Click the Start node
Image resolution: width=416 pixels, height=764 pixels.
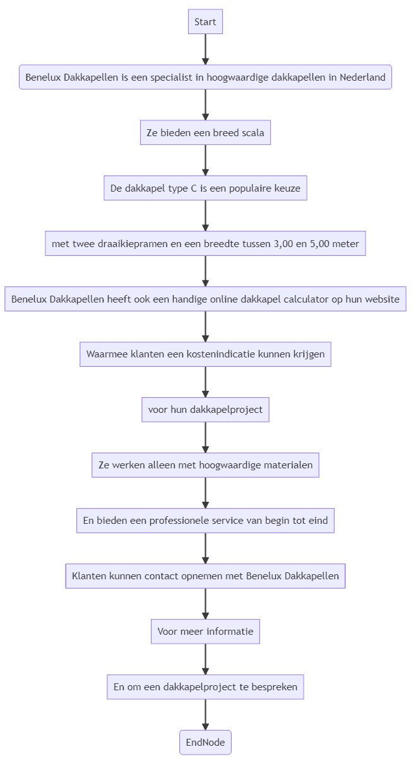click(x=205, y=22)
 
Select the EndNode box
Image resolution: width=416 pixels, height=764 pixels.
click(x=205, y=743)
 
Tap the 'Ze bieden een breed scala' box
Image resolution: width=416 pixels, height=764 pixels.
click(x=205, y=133)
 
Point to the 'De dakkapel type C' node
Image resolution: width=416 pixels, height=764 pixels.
click(x=205, y=188)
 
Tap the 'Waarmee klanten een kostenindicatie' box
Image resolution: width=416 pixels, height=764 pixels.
click(x=205, y=354)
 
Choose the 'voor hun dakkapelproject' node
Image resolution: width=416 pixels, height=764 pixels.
click(x=205, y=410)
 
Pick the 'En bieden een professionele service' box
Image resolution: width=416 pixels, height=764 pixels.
click(x=205, y=521)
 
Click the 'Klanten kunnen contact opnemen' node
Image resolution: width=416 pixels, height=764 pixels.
click(x=205, y=576)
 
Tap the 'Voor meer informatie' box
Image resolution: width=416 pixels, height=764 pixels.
click(x=205, y=632)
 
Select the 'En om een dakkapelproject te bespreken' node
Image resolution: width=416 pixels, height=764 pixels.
click(x=205, y=687)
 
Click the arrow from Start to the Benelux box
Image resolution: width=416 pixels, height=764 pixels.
click(x=205, y=49)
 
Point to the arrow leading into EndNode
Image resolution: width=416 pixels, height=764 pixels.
click(x=205, y=715)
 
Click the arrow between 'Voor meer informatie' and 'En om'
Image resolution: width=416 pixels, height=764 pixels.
click(x=205, y=659)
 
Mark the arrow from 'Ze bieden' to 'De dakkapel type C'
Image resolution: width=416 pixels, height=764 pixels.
click(x=205, y=160)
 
